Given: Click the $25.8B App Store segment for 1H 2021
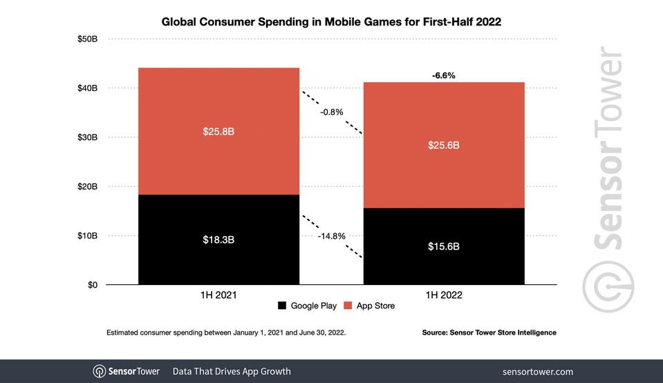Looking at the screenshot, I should click(218, 131).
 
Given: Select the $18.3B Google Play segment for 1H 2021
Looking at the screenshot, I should click(218, 239).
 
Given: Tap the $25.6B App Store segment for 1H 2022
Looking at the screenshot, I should click(444, 145).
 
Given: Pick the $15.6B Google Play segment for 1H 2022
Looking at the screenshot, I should click(444, 246).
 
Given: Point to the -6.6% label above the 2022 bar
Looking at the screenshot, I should click(444, 75).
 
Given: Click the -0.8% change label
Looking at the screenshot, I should click(331, 112).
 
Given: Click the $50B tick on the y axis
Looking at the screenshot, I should click(87, 39).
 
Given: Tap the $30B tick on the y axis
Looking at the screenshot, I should click(87, 137).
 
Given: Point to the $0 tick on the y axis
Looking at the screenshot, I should click(92, 284).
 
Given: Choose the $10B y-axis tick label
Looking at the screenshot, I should click(87, 236).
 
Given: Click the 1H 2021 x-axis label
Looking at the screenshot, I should click(218, 295).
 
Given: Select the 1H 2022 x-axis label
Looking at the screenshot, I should click(444, 295).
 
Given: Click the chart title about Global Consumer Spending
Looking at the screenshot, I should click(331, 21).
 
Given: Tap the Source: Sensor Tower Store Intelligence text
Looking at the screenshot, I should click(489, 333).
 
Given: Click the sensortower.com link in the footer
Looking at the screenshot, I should click(538, 371).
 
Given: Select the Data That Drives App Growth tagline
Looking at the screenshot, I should click(232, 371).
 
